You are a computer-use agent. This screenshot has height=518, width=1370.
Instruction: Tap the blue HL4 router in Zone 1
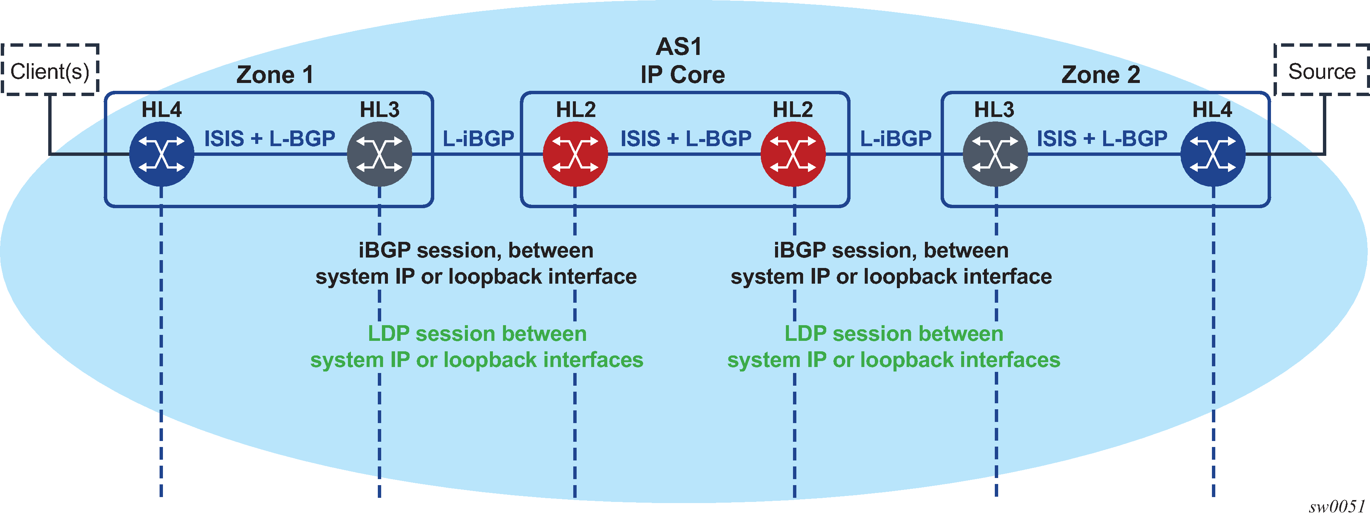162,154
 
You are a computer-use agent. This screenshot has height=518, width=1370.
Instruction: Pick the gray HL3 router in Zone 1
379,154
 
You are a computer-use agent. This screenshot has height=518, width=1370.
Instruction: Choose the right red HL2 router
793,154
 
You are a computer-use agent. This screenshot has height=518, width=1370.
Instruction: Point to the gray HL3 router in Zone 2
995,154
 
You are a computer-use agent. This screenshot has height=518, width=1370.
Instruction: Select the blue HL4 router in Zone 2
1213,154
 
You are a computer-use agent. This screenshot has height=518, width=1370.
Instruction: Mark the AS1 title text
679,47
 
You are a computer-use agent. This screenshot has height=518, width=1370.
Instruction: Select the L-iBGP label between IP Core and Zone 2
896,139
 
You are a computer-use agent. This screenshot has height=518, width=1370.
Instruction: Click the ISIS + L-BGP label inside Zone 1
270,139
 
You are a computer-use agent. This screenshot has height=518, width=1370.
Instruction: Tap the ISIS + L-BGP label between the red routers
686,139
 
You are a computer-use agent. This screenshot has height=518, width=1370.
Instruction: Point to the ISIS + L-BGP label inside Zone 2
1102,139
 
